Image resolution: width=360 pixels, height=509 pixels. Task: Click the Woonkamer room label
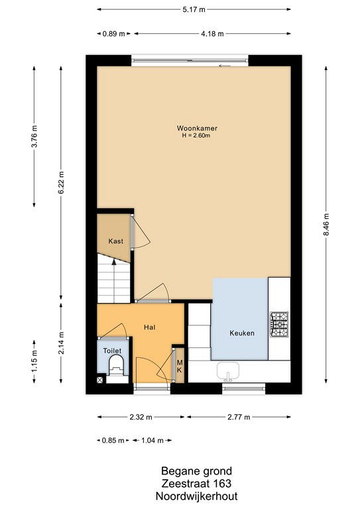click(197, 128)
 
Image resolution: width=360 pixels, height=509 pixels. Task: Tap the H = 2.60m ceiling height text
click(196, 136)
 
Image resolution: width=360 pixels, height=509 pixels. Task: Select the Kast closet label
click(116, 241)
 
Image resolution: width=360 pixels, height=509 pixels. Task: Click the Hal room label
click(150, 327)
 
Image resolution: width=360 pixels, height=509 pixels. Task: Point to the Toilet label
click(112, 351)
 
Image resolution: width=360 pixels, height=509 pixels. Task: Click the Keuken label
click(242, 333)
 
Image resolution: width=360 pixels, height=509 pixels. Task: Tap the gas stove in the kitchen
click(279, 324)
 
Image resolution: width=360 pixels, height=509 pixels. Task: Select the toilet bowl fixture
click(116, 365)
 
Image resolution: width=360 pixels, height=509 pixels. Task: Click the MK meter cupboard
click(180, 366)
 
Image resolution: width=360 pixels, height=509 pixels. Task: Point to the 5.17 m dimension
click(194, 9)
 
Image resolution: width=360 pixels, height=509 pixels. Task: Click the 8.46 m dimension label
click(326, 225)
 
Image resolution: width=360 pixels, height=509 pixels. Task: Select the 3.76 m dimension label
click(34, 136)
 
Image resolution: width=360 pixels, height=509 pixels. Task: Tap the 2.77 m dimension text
click(239, 417)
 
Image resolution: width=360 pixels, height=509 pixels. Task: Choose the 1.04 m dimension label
click(152, 441)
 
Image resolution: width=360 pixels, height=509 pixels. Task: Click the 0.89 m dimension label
click(113, 34)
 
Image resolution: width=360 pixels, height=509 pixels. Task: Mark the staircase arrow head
click(114, 262)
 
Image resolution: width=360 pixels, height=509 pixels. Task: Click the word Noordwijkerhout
click(197, 496)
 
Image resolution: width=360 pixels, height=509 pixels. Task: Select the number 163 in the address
click(223, 484)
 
